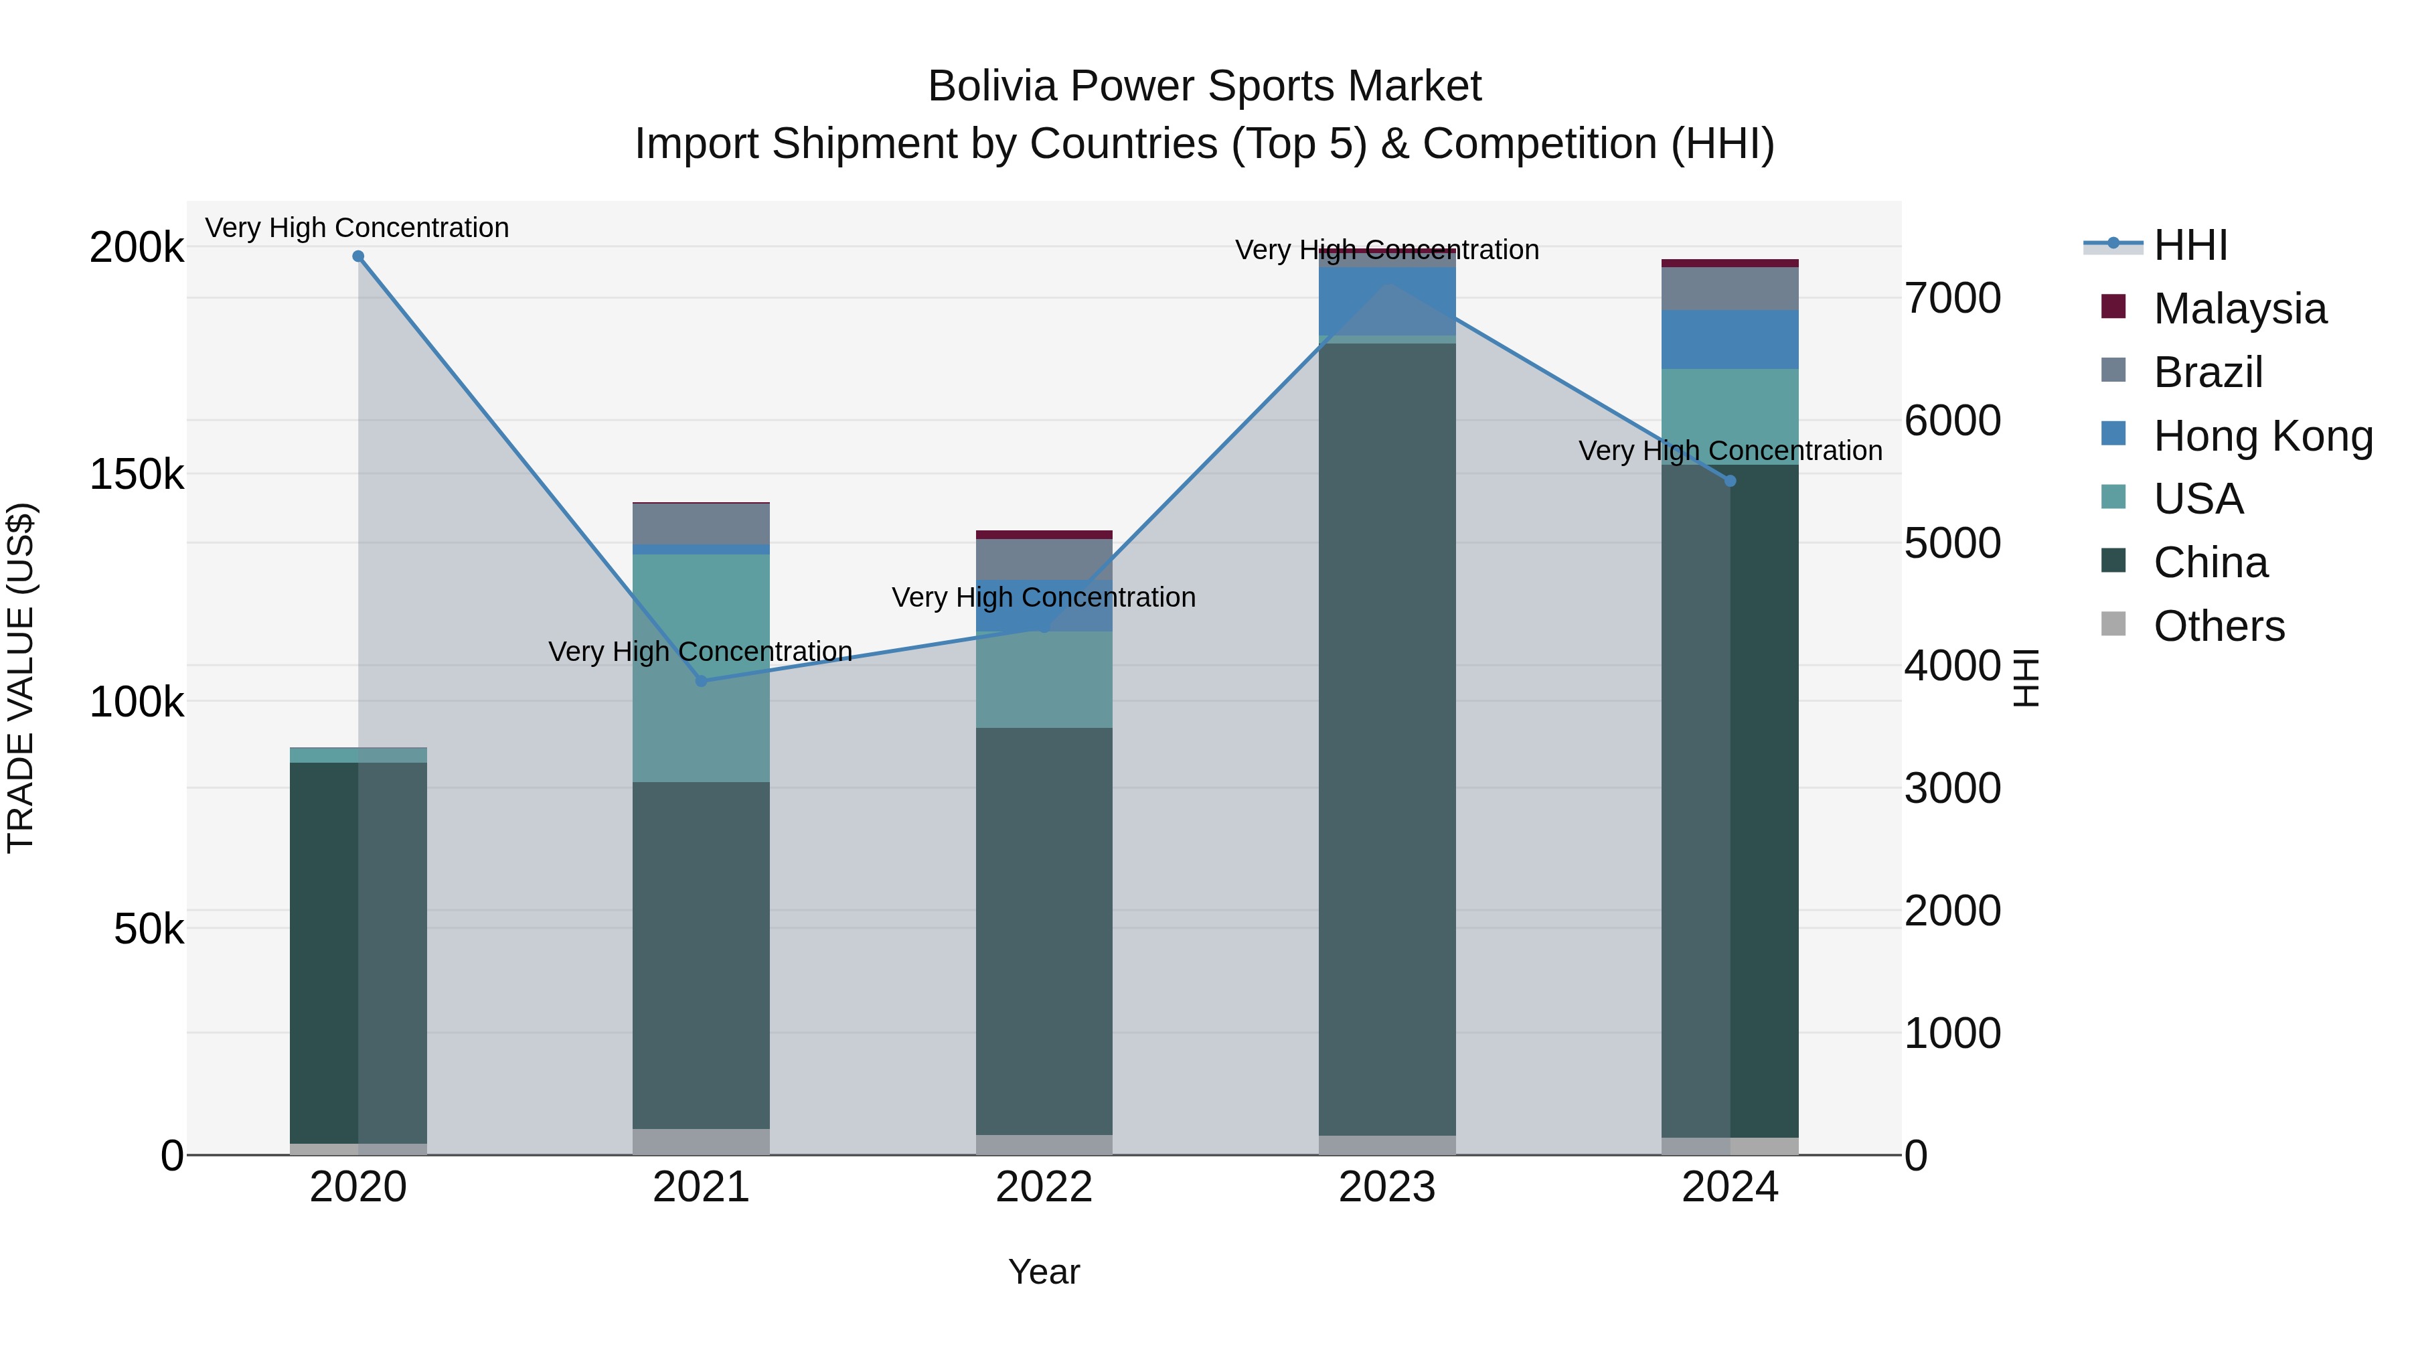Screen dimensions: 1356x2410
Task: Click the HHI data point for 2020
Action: (x=358, y=256)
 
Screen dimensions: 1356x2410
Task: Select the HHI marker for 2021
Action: (x=702, y=680)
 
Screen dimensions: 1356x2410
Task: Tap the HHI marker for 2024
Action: (x=1730, y=481)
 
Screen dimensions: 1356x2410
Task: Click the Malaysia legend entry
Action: (x=2239, y=309)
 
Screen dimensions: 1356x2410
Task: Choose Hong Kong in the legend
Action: (x=2262, y=435)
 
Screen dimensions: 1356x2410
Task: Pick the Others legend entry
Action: (x=2219, y=626)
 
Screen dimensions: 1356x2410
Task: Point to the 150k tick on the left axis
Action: (x=137, y=475)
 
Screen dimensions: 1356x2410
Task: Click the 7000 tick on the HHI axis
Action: (x=1953, y=299)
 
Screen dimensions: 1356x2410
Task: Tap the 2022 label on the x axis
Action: (x=1044, y=1187)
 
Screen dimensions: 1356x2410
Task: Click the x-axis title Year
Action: (x=1044, y=1272)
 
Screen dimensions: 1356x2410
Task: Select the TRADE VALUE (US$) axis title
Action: (x=21, y=678)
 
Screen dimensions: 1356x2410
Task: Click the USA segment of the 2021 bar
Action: (x=702, y=667)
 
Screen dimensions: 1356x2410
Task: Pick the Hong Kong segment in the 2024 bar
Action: (x=1730, y=340)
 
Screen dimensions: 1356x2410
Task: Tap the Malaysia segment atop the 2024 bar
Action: (x=1730, y=263)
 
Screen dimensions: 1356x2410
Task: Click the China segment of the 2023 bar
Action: (x=1388, y=739)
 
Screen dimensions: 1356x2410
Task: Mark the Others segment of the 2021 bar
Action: (x=702, y=1142)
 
